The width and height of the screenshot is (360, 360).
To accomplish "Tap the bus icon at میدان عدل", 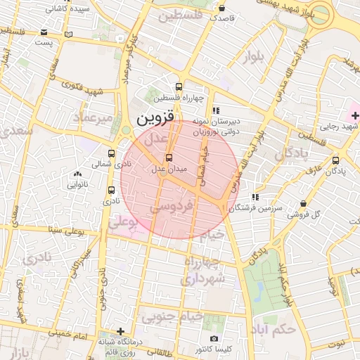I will pyautogui.click(x=168, y=157).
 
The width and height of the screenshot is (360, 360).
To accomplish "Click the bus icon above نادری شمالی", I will pyautogui.click(x=111, y=153).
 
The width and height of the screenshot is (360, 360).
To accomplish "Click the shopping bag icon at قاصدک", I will pyautogui.click(x=222, y=9).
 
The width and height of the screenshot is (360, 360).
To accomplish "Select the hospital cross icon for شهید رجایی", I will pyautogui.click(x=354, y=114).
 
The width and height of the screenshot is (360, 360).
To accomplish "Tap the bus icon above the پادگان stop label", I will pyautogui.click(x=335, y=160).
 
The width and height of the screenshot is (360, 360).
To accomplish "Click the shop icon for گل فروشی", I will pyautogui.click(x=303, y=203).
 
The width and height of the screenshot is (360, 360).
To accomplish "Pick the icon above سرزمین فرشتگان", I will pyautogui.click(x=255, y=197).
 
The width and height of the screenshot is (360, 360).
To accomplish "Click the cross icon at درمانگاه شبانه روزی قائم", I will pyautogui.click(x=120, y=331).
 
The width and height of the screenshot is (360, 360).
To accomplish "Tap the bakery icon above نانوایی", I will pyautogui.click(x=77, y=174).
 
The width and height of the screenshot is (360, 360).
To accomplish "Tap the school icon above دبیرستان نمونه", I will pyautogui.click(x=217, y=110).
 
